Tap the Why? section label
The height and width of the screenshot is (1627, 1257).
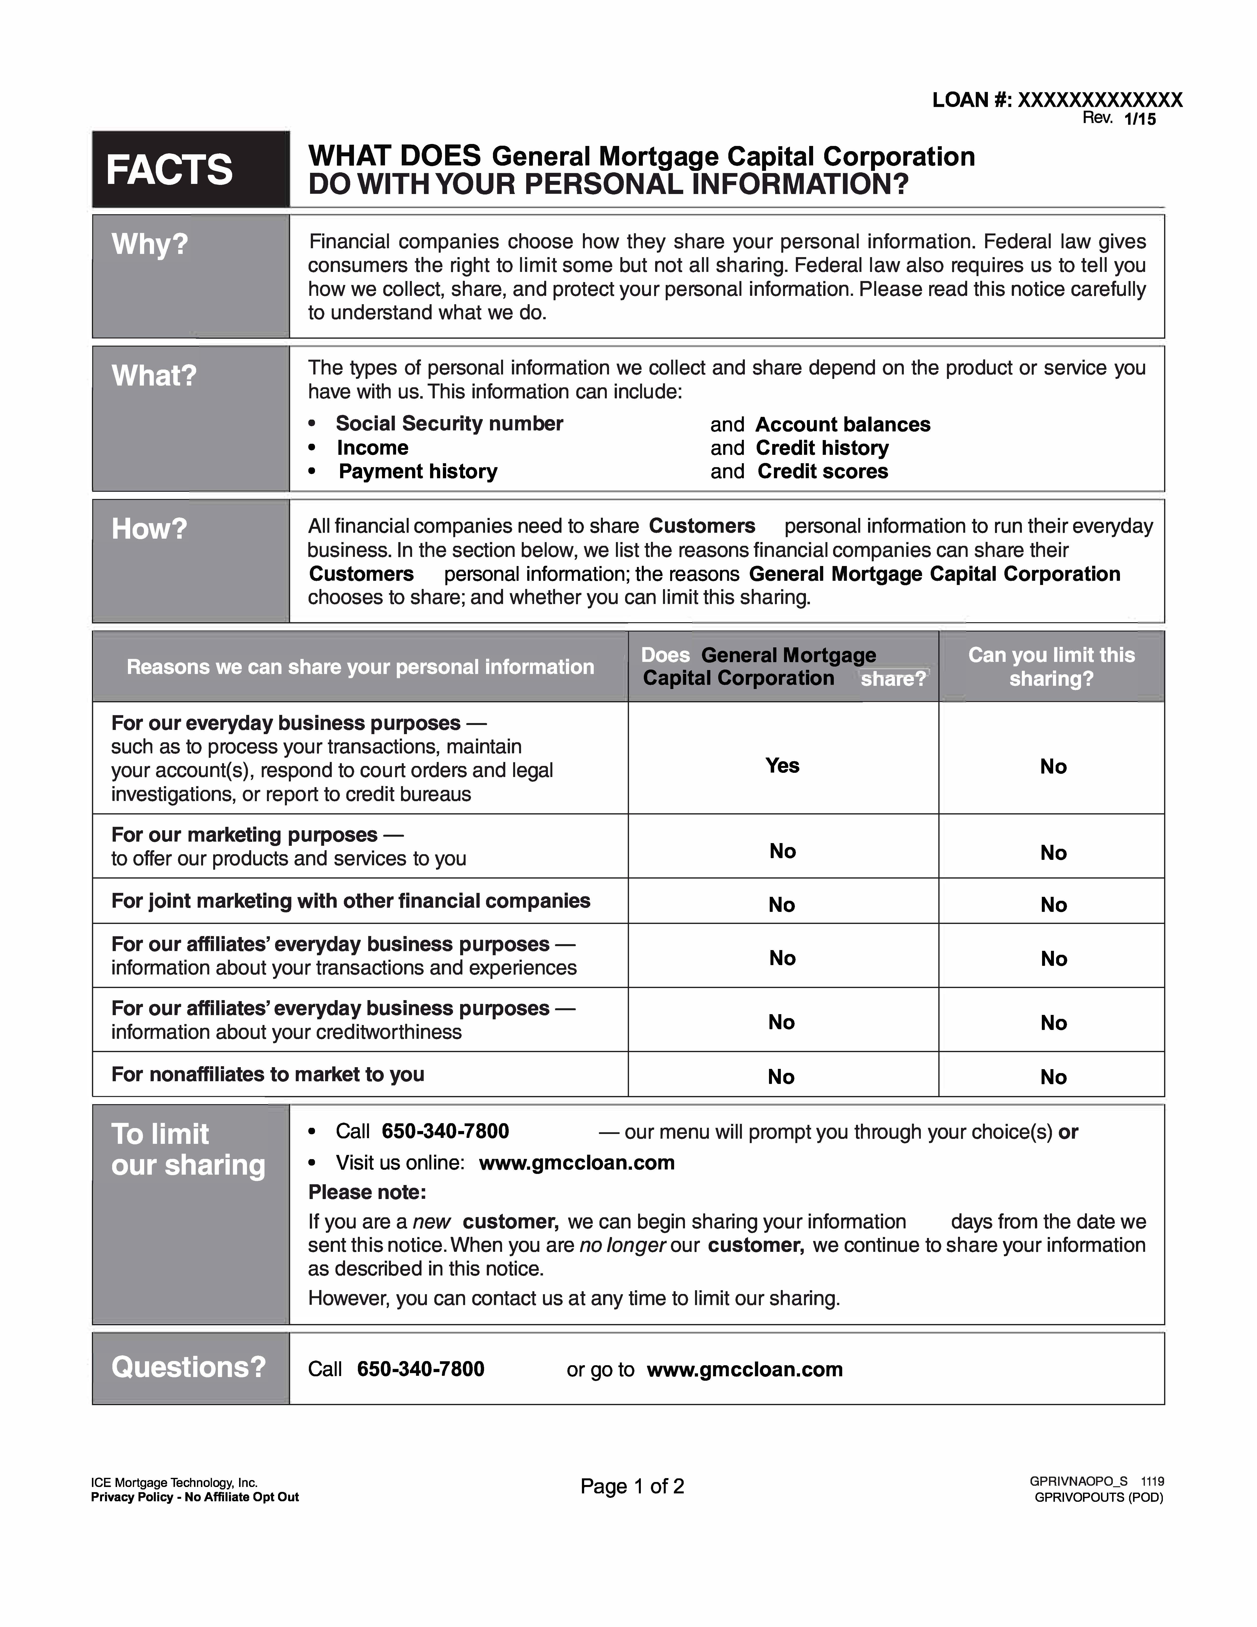point(150,244)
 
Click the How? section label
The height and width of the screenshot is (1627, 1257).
point(149,529)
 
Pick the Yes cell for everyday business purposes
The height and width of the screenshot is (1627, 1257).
point(782,766)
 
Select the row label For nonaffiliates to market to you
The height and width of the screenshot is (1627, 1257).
point(267,1074)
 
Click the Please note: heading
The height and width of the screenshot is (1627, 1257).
point(367,1193)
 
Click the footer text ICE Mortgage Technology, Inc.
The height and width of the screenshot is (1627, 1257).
point(174,1483)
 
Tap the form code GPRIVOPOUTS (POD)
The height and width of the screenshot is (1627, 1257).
point(1098,1497)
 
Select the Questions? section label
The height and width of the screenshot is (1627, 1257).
point(188,1368)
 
